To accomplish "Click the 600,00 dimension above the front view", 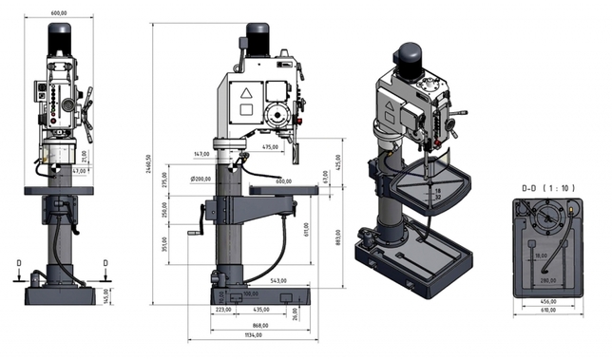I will [x=59, y=12].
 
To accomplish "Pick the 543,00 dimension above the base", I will [x=278, y=281].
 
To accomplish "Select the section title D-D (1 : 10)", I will [x=548, y=188].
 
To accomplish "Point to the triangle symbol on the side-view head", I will [x=245, y=94].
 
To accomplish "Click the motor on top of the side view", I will [x=258, y=38].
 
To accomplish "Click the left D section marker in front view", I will [x=19, y=263].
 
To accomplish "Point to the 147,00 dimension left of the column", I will [x=201, y=153].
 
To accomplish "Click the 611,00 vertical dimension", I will [x=306, y=229].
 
